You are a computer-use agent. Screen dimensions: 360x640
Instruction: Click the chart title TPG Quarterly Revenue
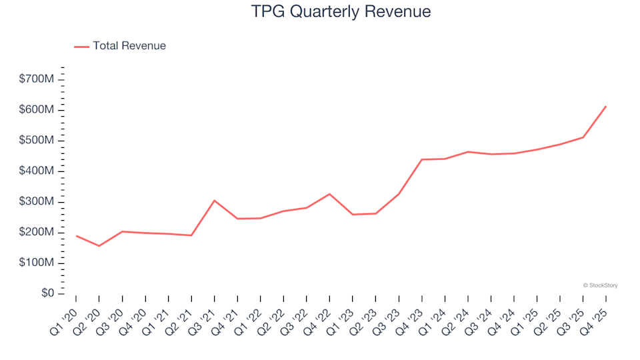pos(341,11)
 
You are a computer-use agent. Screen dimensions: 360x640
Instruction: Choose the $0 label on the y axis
pos(47,294)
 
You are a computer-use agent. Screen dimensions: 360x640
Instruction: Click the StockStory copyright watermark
pos(600,285)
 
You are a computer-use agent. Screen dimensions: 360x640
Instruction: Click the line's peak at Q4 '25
pos(605,107)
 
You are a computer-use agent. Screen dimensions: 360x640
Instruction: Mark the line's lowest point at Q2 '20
pos(99,246)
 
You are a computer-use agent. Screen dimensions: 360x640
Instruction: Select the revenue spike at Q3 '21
pos(214,200)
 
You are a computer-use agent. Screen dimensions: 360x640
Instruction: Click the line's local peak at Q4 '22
pos(329,194)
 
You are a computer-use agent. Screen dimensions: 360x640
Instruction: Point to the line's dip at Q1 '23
pos(353,215)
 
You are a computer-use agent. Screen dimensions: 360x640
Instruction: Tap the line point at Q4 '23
pos(422,159)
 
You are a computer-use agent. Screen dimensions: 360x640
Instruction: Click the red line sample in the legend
pos(81,47)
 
